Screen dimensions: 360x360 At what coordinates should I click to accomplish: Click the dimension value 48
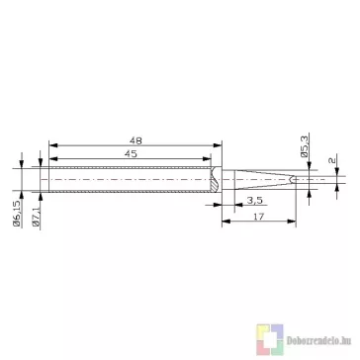[x=135, y=140]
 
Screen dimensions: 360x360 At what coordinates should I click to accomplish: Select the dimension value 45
[x=131, y=154]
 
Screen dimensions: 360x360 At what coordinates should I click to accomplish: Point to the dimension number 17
[x=260, y=217]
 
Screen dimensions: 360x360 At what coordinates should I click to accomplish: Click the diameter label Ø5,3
[x=305, y=146]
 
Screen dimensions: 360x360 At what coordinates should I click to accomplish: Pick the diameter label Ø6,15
[x=17, y=214]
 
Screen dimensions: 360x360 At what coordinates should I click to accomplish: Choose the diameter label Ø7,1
[x=37, y=218]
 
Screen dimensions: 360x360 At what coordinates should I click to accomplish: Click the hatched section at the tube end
[x=215, y=180]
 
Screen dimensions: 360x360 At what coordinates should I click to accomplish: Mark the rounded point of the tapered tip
[x=291, y=179]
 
